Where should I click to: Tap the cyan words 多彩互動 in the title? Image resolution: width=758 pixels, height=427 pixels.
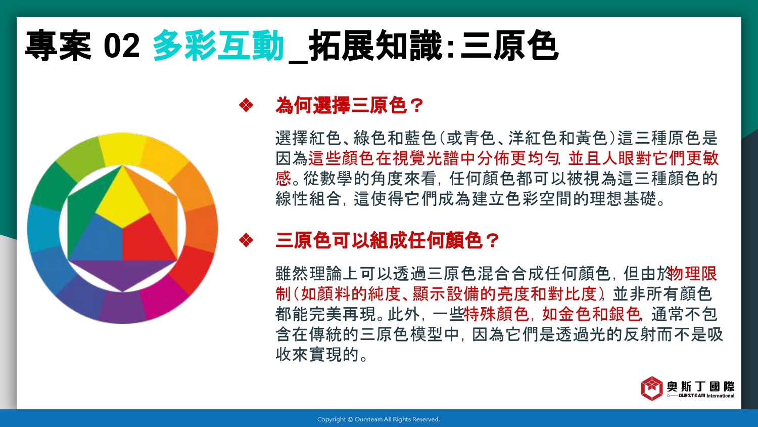(x=218, y=46)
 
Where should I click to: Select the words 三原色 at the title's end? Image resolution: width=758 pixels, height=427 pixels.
(x=509, y=46)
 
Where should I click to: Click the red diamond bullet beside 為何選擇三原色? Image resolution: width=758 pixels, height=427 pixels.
(x=246, y=105)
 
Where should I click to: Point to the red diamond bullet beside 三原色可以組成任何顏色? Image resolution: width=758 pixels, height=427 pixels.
(x=246, y=240)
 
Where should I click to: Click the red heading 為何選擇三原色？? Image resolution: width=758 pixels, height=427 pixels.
(x=349, y=105)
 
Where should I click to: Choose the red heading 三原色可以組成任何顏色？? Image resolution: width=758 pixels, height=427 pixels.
(x=387, y=240)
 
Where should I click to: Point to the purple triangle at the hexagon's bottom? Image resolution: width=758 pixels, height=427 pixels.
(x=122, y=273)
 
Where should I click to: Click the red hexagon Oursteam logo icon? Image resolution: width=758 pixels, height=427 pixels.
(x=652, y=389)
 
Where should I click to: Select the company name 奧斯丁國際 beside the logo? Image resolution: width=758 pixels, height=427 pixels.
(x=700, y=387)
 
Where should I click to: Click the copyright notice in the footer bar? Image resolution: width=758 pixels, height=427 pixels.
(x=378, y=419)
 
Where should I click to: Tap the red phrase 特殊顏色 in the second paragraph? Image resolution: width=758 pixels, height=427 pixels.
(x=496, y=314)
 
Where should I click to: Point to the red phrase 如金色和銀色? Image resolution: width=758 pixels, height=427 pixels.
(x=591, y=314)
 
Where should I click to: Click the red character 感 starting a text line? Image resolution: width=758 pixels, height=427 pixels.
(x=283, y=178)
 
